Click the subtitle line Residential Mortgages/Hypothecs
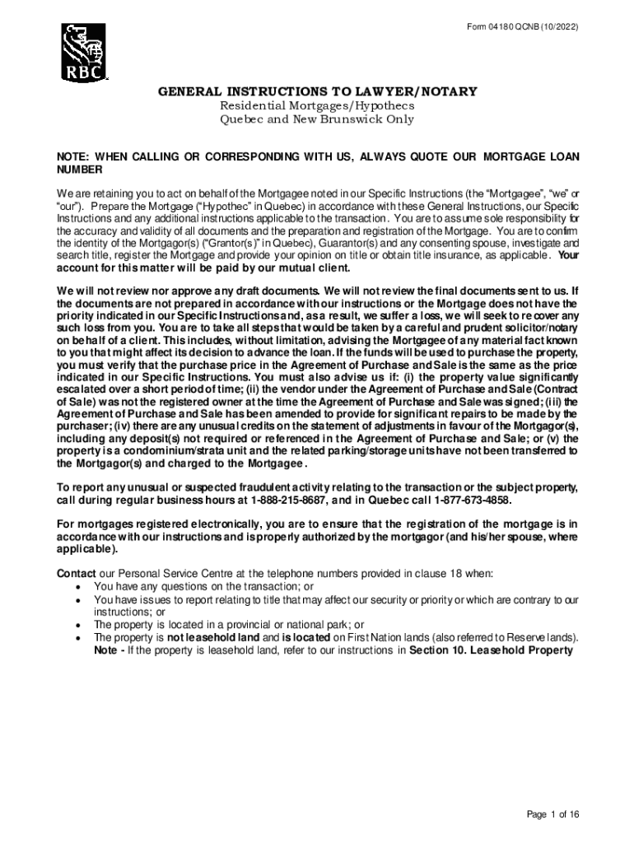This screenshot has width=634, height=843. (316, 105)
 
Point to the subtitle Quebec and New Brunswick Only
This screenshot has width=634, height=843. (316, 119)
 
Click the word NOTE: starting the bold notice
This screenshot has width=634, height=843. (73, 156)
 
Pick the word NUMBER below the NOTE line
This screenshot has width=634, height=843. (79, 169)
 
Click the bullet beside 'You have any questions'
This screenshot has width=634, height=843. (77, 586)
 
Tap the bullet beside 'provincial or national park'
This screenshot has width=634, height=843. (77, 625)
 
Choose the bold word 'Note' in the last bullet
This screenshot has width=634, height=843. (108, 650)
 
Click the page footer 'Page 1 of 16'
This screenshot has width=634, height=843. (554, 815)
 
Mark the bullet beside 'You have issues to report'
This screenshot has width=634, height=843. (77, 599)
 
